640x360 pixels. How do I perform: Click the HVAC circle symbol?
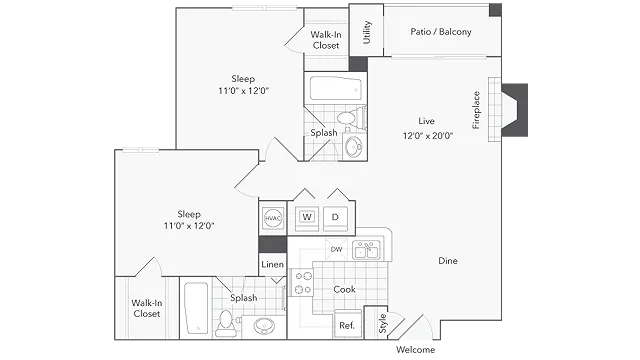point(273,218)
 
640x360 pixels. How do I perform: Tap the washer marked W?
point(307,217)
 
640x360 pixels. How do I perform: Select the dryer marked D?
point(335,217)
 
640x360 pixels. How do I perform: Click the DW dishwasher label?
point(336,249)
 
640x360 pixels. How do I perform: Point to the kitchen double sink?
point(366,249)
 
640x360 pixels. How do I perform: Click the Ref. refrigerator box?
point(347,324)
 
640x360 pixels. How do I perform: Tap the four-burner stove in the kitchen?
point(302,283)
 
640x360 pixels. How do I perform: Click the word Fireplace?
point(476,110)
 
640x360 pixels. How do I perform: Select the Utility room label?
point(367,32)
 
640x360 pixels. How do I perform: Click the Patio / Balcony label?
point(441,32)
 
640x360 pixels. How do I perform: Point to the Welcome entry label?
point(415,349)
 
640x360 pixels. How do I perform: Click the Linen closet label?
point(272,264)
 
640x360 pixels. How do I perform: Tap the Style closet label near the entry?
point(382,323)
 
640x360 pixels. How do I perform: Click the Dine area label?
point(448,260)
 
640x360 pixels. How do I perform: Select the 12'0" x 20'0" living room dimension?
point(428,136)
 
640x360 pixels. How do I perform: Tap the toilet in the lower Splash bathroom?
point(226,324)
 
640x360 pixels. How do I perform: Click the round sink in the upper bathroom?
point(353,147)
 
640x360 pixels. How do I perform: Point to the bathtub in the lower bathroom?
point(196,308)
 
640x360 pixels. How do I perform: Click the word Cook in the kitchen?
point(344,289)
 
